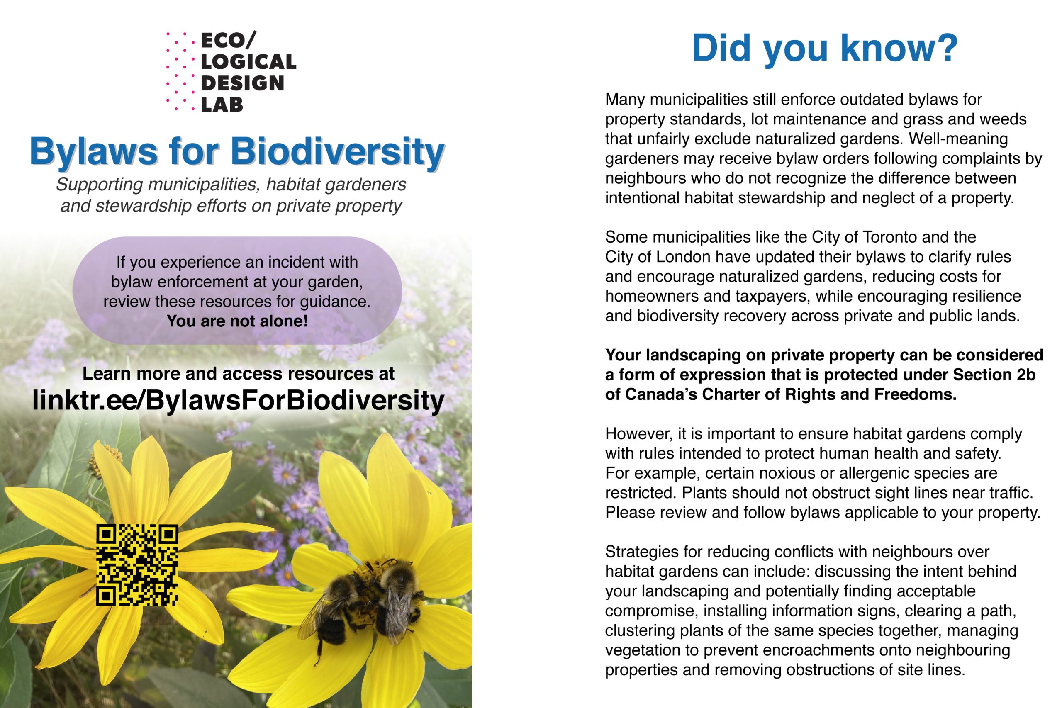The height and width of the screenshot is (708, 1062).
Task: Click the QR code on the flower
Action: click(137, 564)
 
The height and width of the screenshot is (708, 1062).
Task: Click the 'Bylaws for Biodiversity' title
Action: click(237, 152)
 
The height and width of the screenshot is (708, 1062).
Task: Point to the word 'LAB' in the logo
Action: click(222, 105)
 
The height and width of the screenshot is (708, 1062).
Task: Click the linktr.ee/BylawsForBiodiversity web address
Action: click(239, 400)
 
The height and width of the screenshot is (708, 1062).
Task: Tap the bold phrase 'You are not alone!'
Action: click(237, 321)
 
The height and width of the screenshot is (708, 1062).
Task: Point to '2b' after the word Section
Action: click(1026, 375)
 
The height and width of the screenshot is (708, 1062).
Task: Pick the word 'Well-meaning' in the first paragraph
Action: click(958, 139)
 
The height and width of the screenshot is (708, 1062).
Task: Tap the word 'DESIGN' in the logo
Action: click(242, 83)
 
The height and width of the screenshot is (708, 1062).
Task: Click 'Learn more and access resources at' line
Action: click(239, 374)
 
